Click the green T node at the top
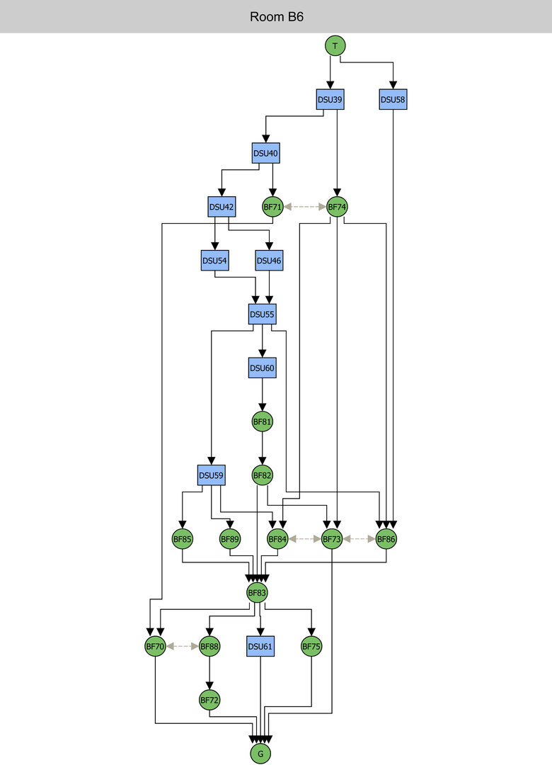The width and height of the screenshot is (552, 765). pos(335,46)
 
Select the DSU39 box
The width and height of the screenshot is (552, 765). pos(330,100)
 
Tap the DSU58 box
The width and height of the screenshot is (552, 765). pos(393,100)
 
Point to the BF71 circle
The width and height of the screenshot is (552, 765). pos(272,207)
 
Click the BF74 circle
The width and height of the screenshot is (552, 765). pos(337,207)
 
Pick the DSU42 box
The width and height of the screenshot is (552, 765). pos(222,207)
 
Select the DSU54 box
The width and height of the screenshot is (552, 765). pos(214,261)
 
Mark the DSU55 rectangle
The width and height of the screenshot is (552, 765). pos(263,314)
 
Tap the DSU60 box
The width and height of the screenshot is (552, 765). pos(263,368)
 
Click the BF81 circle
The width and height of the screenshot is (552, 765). pos(263,421)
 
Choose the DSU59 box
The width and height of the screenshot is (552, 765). pos(211,475)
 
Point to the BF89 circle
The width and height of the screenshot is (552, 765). pos(230,539)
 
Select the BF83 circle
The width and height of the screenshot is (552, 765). pos(257,592)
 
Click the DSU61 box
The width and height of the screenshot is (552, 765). pos(260,646)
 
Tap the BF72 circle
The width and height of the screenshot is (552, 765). pos(209,700)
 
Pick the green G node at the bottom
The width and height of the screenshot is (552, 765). pos(260,754)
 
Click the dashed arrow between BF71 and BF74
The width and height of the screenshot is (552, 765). pos(304,207)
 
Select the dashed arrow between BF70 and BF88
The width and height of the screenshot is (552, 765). pos(182,646)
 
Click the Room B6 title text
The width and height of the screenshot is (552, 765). pos(276,16)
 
